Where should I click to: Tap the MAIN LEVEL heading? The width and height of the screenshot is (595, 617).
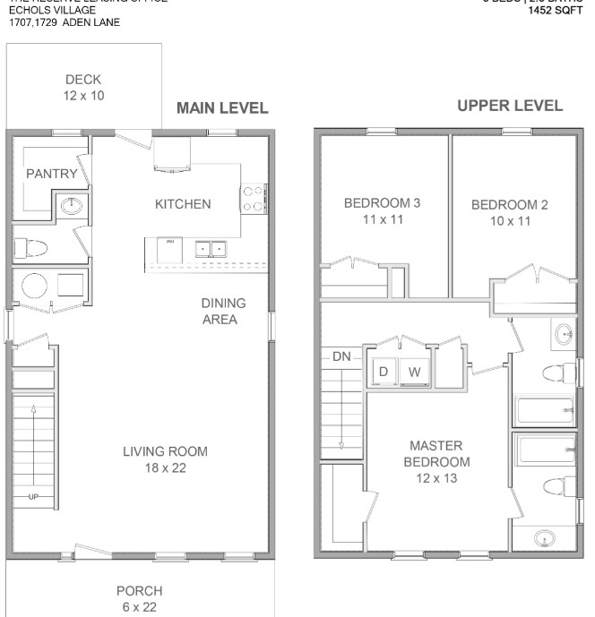222,108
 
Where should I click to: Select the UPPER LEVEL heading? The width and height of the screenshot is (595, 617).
510,106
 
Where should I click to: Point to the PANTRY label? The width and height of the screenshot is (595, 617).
51,174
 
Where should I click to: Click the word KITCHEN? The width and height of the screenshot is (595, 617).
183,204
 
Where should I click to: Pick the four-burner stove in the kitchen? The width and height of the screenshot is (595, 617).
254,197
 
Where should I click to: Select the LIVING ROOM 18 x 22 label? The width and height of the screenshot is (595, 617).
165,458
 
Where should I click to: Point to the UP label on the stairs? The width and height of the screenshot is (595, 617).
34,496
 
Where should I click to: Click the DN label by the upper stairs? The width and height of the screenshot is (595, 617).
341,356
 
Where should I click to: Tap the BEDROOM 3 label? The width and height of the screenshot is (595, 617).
382,210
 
